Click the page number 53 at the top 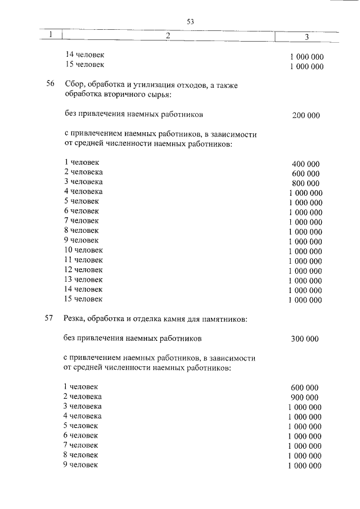(190, 22)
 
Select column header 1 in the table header (51, 35)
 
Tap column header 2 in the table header (168, 36)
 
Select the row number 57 (49, 319)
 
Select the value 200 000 (306, 116)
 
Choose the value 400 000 (306, 164)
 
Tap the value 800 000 (306, 183)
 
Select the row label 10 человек (83, 250)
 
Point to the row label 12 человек (83, 269)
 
